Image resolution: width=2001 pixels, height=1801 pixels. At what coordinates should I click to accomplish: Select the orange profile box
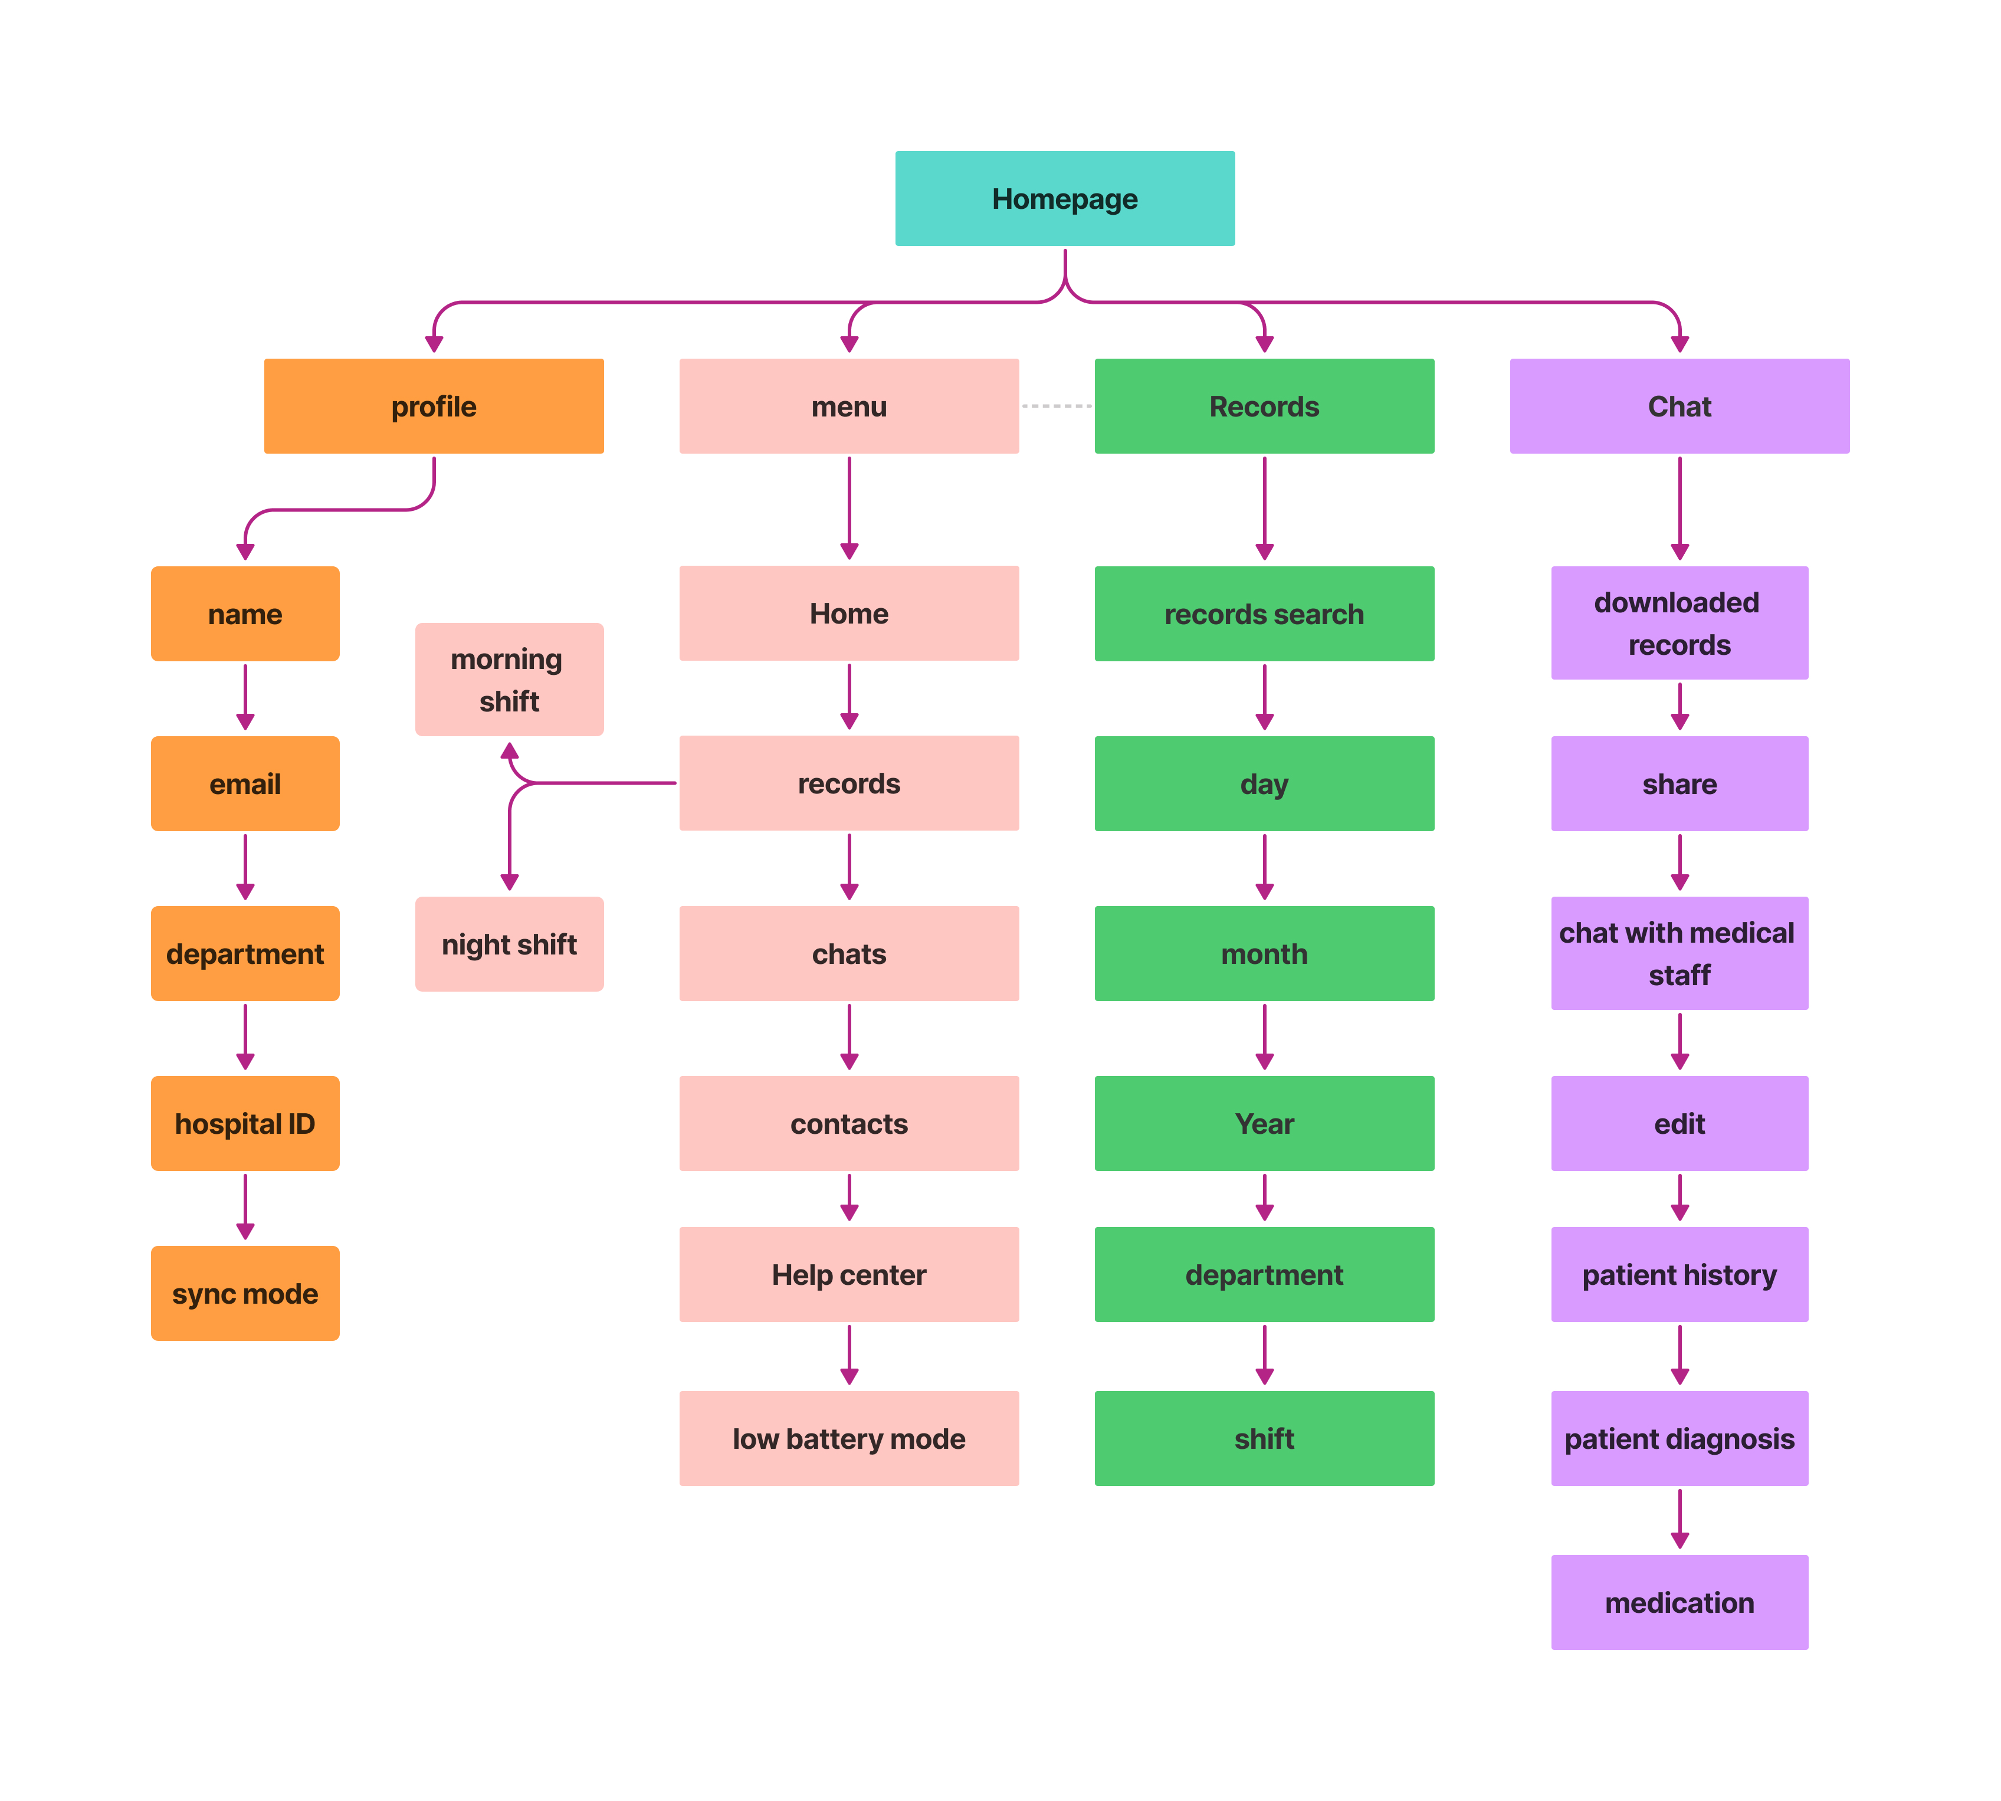tap(434, 406)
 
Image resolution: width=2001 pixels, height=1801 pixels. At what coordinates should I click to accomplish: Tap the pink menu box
tap(848, 406)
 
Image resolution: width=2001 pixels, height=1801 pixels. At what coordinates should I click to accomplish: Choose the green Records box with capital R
tap(1264, 406)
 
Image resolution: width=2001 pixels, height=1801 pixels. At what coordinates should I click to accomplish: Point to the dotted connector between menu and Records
tap(1056, 406)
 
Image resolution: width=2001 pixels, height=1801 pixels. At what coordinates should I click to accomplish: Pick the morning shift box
tap(509, 679)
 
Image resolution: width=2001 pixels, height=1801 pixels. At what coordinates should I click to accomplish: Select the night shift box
tap(509, 943)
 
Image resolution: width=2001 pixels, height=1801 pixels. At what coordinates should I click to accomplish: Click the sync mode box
tap(244, 1292)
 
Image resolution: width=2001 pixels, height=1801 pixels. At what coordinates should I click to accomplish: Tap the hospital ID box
tap(244, 1123)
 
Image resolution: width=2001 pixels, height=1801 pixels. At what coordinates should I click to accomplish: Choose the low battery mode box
tap(848, 1438)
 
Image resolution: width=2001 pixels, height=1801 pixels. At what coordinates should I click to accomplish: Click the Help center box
tap(848, 1274)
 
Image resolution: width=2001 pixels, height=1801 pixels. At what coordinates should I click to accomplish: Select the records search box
tap(1264, 614)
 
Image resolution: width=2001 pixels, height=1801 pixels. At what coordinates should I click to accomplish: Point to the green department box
tap(1264, 1274)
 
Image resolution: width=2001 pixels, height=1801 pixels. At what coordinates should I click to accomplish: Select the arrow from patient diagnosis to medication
tap(1679, 1518)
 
